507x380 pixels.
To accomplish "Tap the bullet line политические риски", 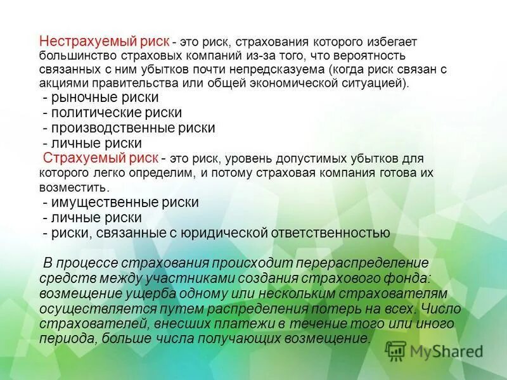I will pyautogui.click(x=112, y=113).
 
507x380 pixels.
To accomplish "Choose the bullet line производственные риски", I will pyautogui.click(x=129, y=128).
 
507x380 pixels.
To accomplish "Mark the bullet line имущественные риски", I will pyautogui.click(x=120, y=203).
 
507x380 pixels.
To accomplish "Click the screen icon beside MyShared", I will pyautogui.click(x=395, y=350).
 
